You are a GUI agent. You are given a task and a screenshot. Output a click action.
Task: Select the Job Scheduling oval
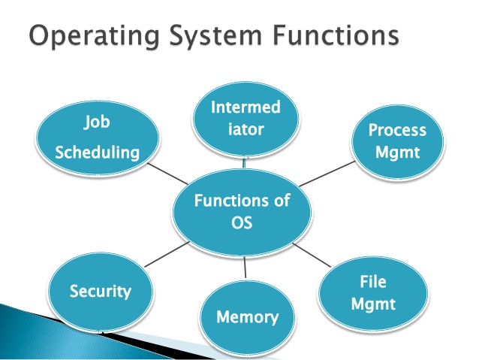point(99,136)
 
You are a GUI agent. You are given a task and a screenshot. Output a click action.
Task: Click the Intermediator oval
point(246,119)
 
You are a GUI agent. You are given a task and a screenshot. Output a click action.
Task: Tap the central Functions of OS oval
point(241,213)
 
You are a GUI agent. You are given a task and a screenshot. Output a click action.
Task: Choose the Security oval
point(101,291)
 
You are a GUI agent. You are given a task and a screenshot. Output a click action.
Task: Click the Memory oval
point(247,316)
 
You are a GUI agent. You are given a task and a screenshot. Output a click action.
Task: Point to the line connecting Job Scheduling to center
point(174,177)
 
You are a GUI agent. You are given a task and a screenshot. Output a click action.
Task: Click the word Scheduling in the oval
point(98,152)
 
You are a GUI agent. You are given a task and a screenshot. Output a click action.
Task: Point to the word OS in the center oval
point(242,224)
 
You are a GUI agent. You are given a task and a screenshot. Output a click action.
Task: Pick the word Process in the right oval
point(396,130)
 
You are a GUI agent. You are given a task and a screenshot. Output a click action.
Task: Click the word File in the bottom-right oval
point(373,283)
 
